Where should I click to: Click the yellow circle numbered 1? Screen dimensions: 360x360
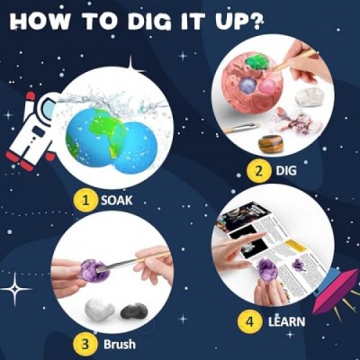86,200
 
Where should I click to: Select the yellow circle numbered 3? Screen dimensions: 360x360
85,344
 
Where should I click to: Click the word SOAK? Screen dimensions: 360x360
116,200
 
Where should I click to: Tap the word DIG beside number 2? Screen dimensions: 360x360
286,171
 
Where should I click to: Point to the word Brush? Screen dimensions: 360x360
120,344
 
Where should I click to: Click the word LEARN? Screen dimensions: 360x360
286,321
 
